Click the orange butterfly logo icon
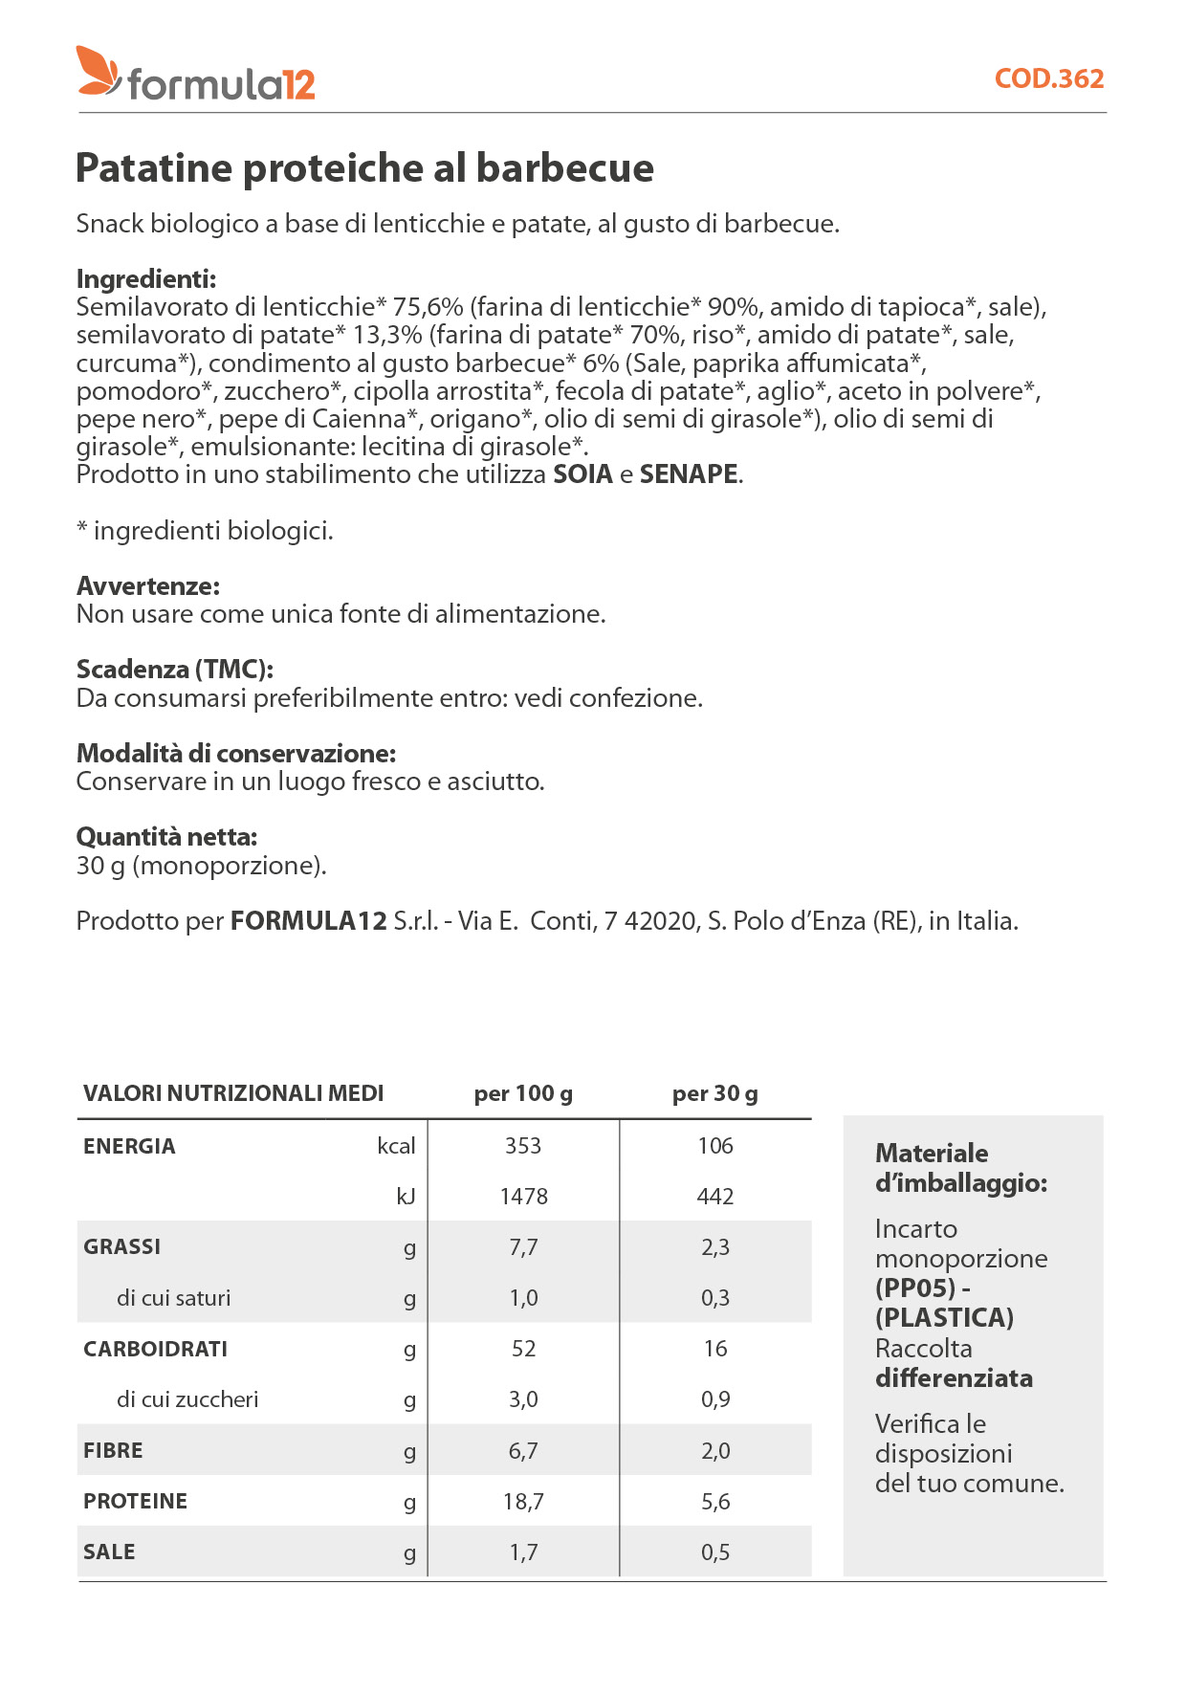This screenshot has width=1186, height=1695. (99, 71)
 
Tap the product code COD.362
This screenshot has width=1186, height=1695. (1048, 78)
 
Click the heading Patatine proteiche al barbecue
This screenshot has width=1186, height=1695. (364, 168)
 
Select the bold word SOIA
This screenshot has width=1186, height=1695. (582, 474)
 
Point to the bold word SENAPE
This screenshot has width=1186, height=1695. (689, 474)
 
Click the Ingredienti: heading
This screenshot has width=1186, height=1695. (146, 279)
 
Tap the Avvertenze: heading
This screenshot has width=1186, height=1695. (148, 585)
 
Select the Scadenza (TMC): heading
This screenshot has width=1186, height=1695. (175, 670)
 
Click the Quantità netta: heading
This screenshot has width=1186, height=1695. (167, 837)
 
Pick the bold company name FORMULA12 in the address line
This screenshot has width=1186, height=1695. (309, 921)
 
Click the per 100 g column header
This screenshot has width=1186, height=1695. (523, 1093)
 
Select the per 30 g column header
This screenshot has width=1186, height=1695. (714, 1093)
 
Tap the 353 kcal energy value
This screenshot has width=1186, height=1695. (523, 1146)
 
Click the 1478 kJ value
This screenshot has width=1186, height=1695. (523, 1197)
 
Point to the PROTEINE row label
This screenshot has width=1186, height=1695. (135, 1501)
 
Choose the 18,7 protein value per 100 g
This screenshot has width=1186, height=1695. (523, 1502)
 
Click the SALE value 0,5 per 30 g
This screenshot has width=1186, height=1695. (715, 1552)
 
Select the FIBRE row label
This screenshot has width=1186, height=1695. (113, 1450)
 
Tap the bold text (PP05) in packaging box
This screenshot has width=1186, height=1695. (915, 1288)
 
